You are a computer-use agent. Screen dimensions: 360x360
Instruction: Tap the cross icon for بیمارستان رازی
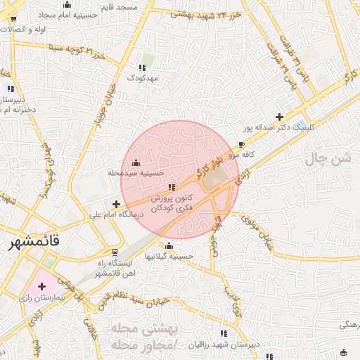(x=42, y=286)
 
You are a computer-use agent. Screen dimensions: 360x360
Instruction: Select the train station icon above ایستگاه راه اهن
(x=115, y=251)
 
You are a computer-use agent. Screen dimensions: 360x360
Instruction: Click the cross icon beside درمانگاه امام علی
(x=116, y=204)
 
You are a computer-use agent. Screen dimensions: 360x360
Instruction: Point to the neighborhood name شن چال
(x=328, y=160)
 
